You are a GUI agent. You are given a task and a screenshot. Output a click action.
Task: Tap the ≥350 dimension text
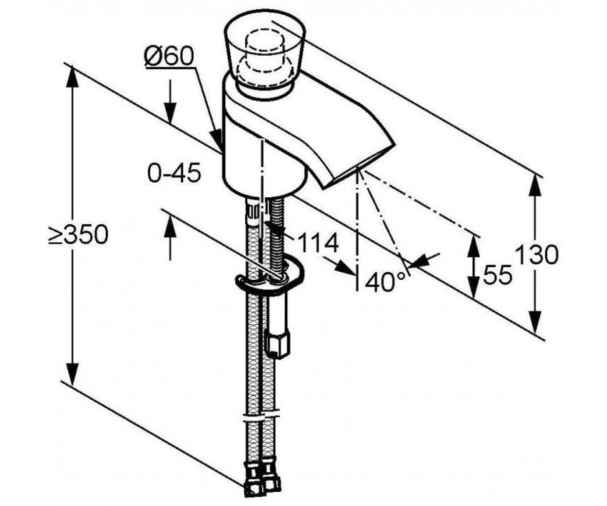78,234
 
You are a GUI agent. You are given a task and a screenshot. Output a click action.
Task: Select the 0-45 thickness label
174,173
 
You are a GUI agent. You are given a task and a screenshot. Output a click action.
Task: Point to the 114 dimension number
318,242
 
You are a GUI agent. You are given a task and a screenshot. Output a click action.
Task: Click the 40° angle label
384,281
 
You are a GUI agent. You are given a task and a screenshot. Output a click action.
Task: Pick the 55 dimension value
497,274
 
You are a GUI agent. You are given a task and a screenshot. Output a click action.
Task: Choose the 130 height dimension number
537,255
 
